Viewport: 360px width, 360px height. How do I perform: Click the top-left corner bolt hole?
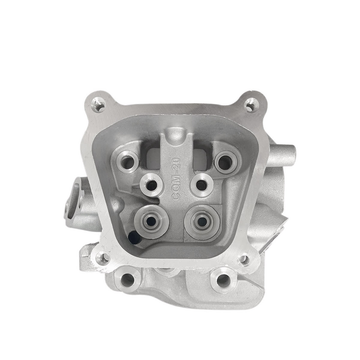[x=97, y=102]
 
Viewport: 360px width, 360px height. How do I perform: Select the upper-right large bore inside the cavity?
[x=222, y=159]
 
